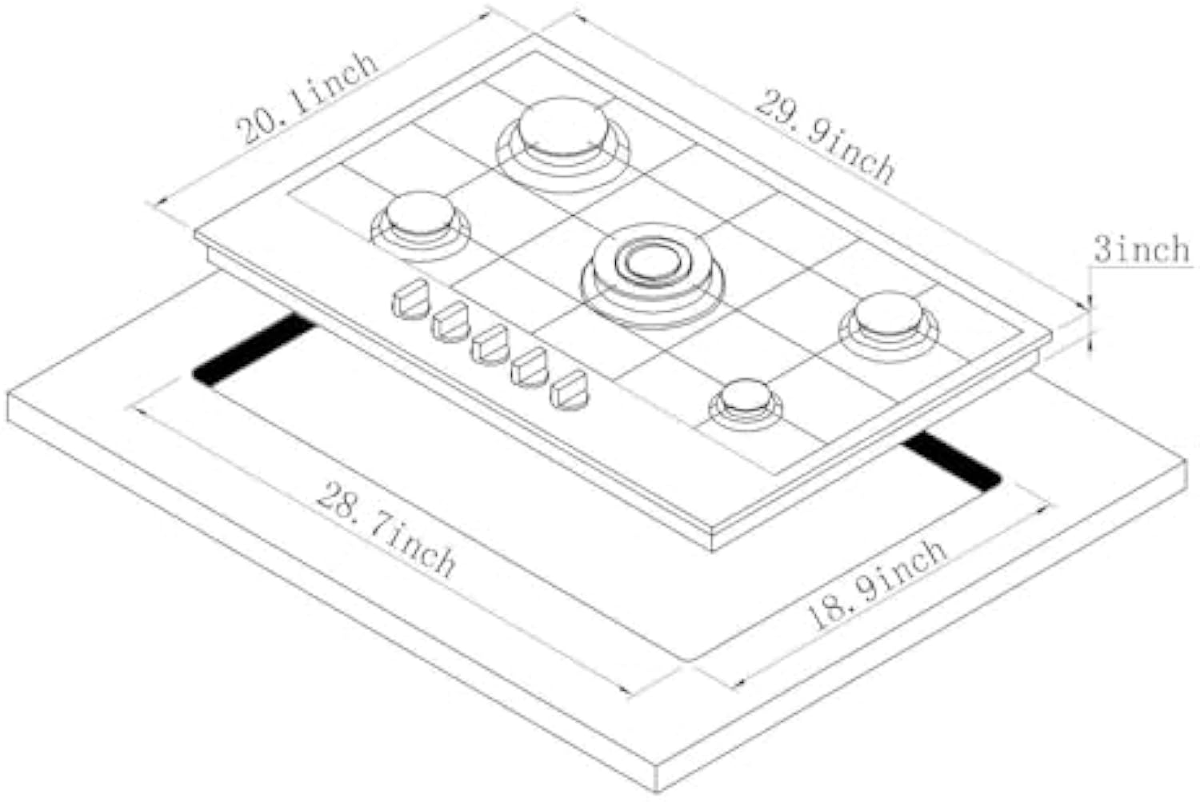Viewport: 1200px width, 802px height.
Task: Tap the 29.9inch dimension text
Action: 824,136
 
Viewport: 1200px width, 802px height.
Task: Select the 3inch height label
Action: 1142,249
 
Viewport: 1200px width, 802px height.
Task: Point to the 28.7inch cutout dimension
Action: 386,529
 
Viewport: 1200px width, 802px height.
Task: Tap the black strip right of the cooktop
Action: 952,462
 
